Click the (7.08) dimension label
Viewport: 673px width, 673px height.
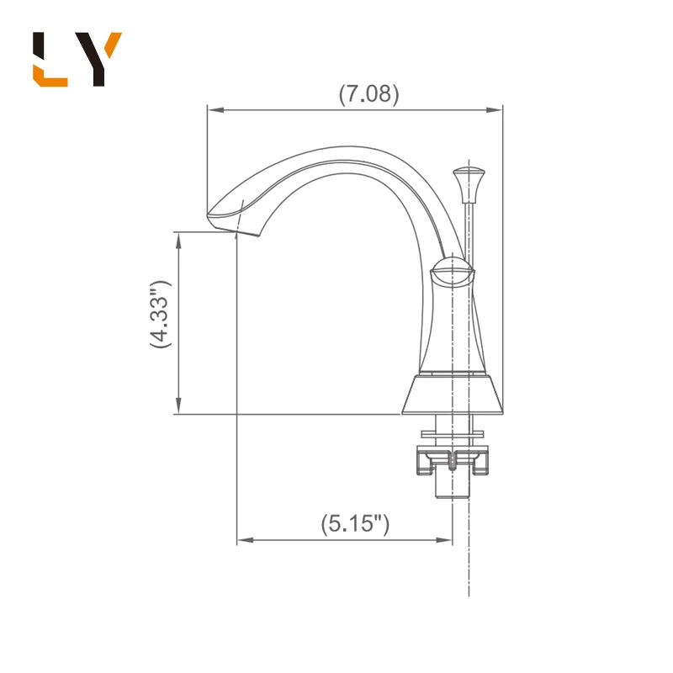(x=368, y=93)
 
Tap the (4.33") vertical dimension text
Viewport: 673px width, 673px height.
(x=161, y=314)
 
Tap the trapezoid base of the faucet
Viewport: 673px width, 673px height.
(x=453, y=396)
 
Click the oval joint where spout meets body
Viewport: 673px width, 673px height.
(x=453, y=275)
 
